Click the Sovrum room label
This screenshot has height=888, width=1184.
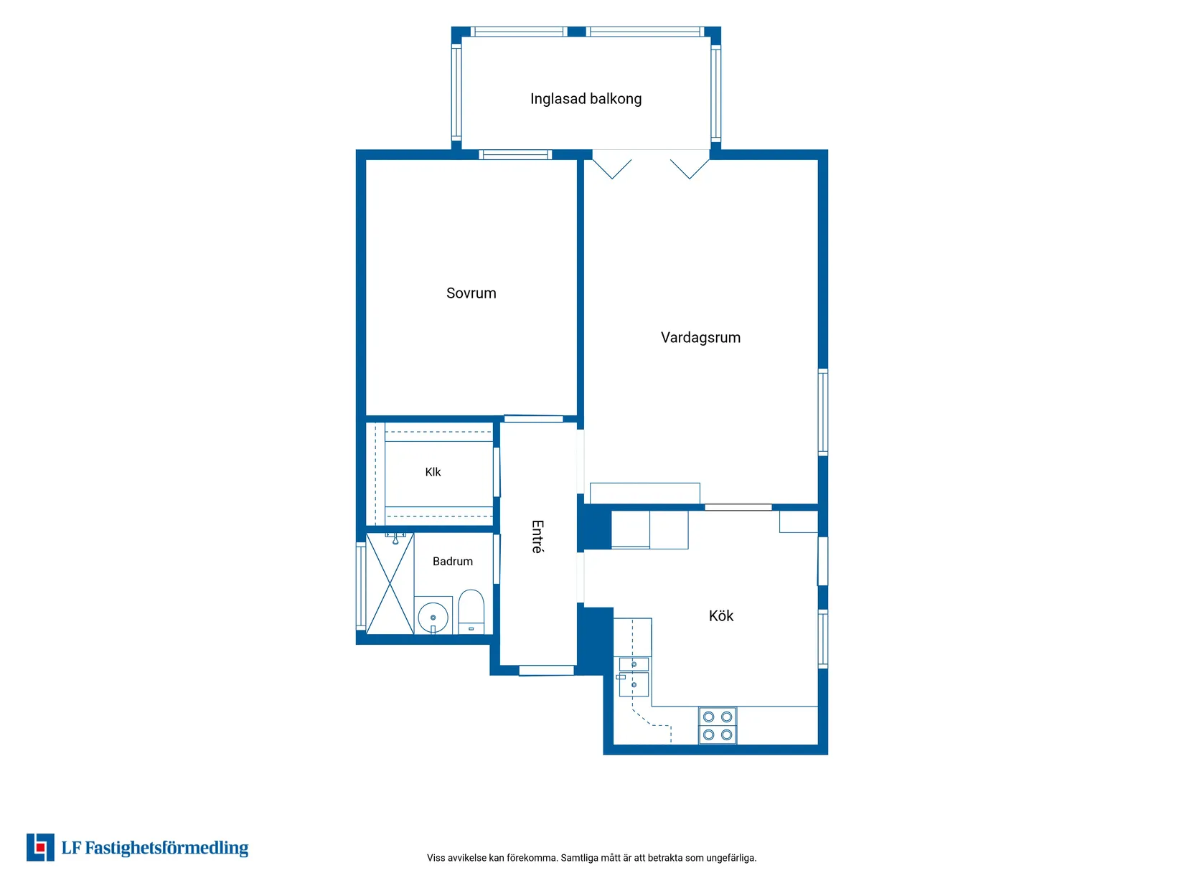click(x=471, y=293)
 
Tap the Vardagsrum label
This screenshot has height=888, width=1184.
click(x=700, y=338)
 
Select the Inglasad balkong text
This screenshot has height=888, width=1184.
click(x=586, y=99)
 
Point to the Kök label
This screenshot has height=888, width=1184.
click(x=720, y=615)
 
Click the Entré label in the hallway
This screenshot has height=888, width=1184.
click(x=537, y=537)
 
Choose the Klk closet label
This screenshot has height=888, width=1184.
click(x=433, y=472)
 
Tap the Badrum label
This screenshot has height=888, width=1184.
click(x=453, y=561)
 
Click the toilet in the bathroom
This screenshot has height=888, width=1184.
click(x=471, y=611)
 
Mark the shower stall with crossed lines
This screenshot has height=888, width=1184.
click(x=390, y=583)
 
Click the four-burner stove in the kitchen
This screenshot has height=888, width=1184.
click(x=718, y=726)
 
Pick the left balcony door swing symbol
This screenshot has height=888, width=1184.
click(x=611, y=169)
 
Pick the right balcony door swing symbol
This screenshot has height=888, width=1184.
click(x=690, y=169)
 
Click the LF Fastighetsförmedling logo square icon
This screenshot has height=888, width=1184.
click(x=40, y=847)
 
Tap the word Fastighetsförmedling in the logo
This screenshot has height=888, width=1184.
click(x=166, y=848)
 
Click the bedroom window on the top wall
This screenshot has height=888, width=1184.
click(x=515, y=155)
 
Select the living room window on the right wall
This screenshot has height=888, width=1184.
click(x=822, y=412)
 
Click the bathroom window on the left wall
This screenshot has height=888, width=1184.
click(x=361, y=586)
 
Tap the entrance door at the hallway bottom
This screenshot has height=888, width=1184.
click(x=546, y=670)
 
